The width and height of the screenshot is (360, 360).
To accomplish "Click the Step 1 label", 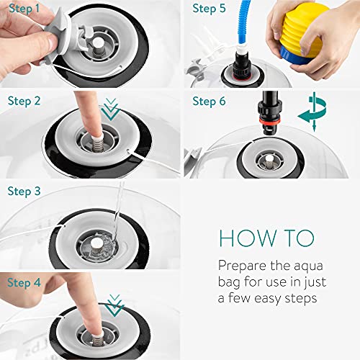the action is tap(24, 9).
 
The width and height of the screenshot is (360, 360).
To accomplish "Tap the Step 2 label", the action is tap(24, 101).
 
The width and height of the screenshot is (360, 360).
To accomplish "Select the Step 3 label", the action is tap(24, 192).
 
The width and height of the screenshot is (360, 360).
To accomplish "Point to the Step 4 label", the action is tap(24, 282).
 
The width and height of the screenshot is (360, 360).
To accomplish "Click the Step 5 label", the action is tap(209, 9).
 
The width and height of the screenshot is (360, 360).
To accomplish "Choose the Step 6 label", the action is tap(209, 101).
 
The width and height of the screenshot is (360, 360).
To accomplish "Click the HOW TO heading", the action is tap(266, 238).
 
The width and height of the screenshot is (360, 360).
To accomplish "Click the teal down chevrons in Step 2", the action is tap(110, 109).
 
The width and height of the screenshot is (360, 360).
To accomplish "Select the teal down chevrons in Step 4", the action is tap(114, 305).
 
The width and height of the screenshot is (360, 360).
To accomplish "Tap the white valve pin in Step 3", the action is tap(96, 244).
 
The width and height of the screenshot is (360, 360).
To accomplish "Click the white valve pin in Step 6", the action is tap(269, 158).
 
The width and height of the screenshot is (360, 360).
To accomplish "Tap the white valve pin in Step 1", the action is tap(99, 43).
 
